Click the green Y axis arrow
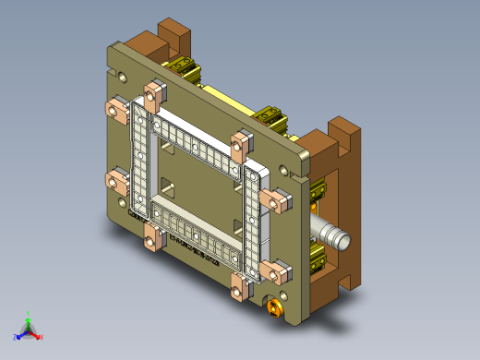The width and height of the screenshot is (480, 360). coord(28,318)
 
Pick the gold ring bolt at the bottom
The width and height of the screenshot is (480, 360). coord(273,307)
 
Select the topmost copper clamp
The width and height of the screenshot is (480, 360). coord(153,90)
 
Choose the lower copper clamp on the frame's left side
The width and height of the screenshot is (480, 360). coord(118,179)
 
